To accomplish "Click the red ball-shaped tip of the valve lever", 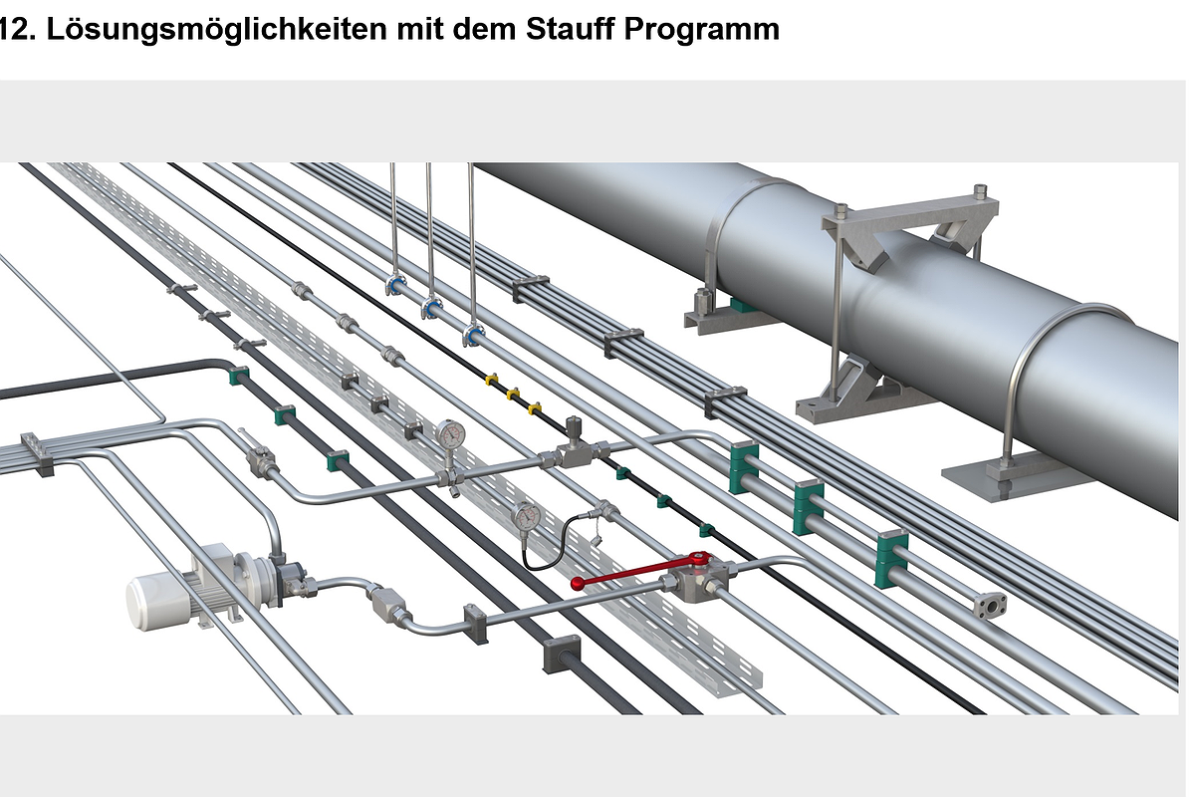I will (x=578, y=583).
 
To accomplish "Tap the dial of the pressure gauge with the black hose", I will (x=526, y=516).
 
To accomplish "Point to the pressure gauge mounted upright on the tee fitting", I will (x=449, y=434).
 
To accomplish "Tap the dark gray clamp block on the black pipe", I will (x=561, y=654).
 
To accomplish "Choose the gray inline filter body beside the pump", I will (x=386, y=604).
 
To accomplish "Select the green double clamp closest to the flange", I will (x=891, y=559).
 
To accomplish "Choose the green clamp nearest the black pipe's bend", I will (x=239, y=376).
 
